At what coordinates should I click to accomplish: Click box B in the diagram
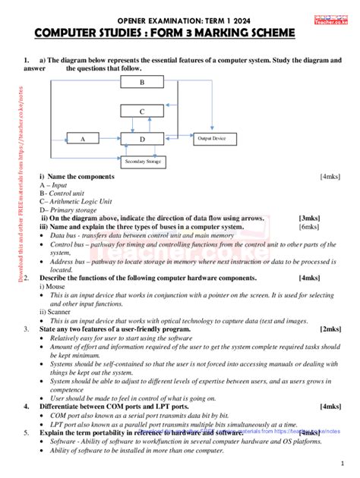click(142, 82)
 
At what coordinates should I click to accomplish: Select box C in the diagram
click(142, 111)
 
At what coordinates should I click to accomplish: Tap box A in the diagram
click(83, 139)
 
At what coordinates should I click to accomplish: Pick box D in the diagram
click(142, 139)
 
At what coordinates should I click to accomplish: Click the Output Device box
click(212, 139)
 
